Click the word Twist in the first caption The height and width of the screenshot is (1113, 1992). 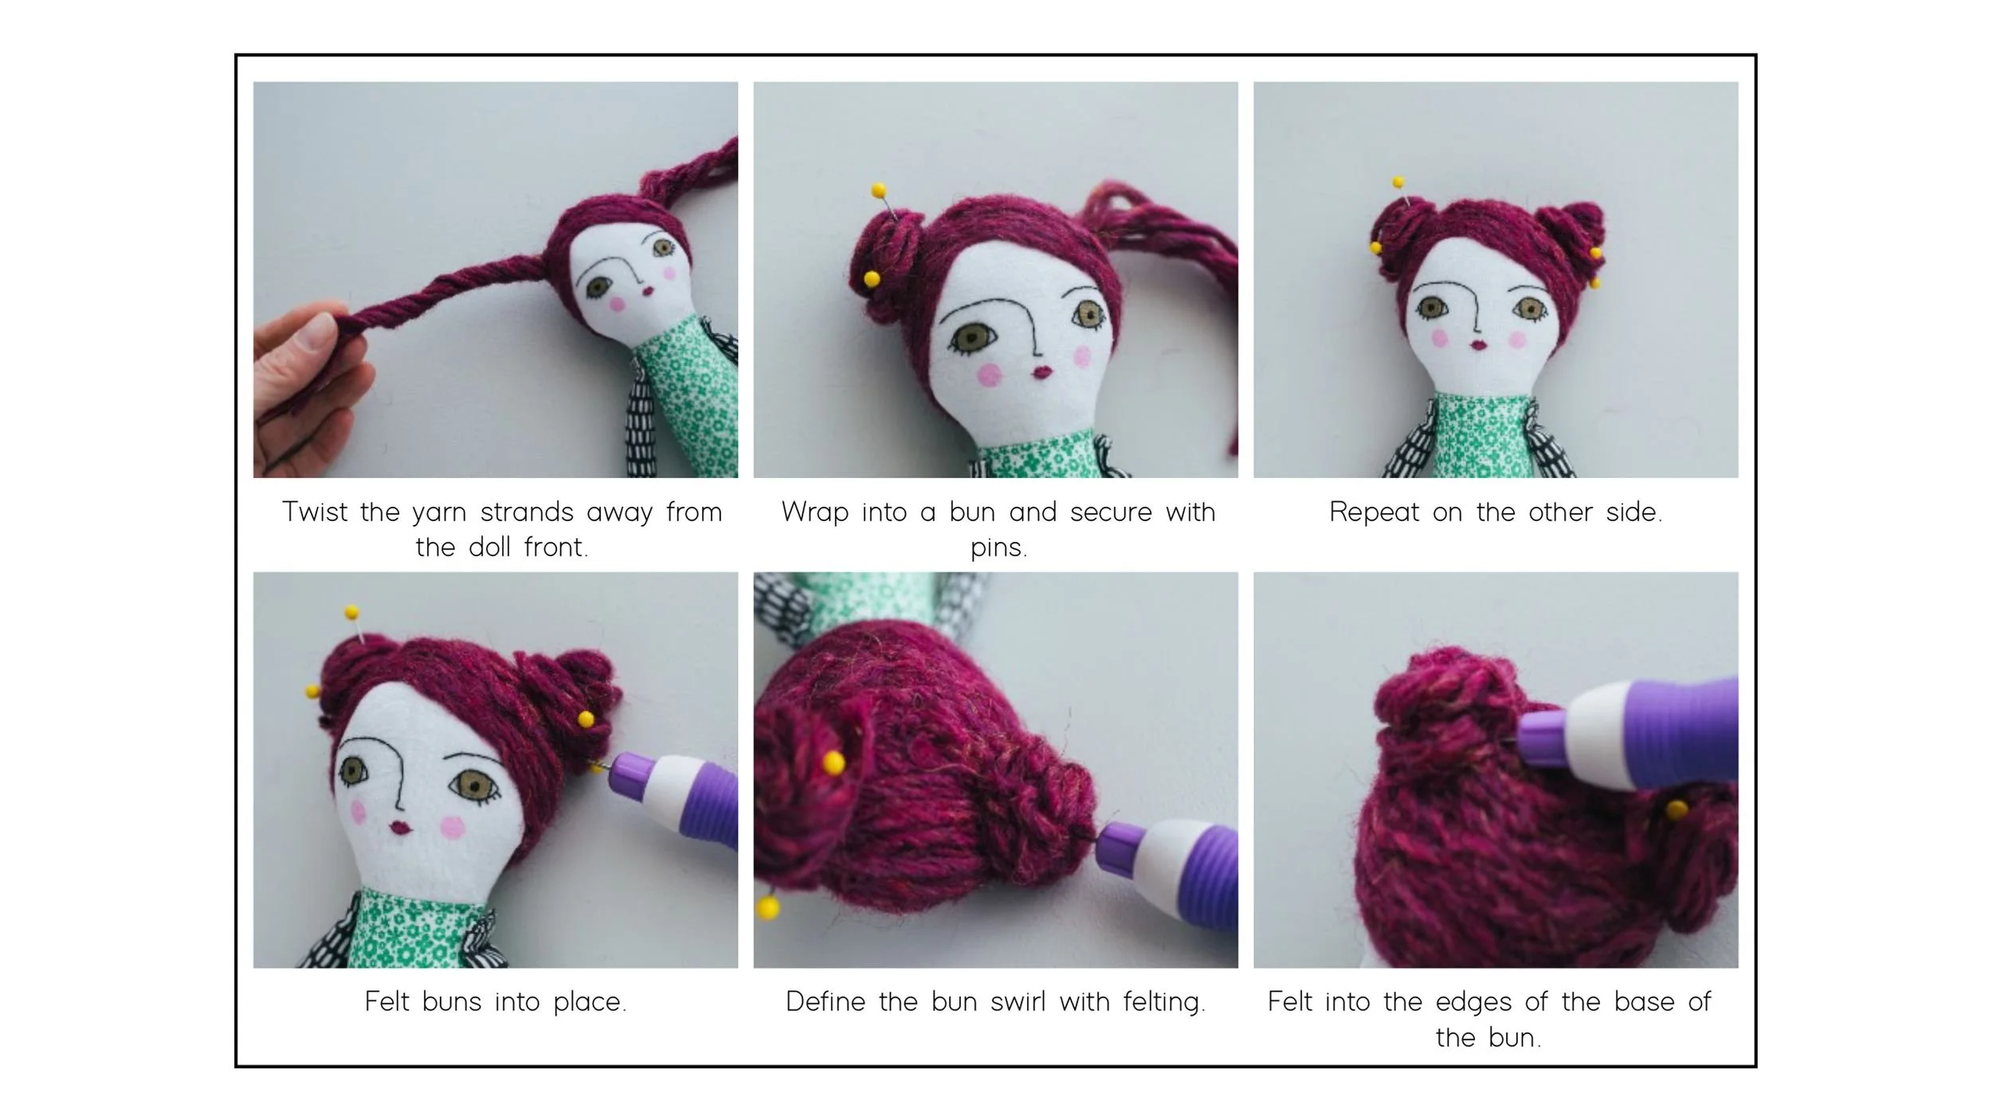315,511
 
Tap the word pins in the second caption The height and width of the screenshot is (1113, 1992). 998,548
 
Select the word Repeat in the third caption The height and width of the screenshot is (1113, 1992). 1374,511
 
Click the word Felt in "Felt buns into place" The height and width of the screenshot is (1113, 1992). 386,1001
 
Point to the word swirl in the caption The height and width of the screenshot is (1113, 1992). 1018,1001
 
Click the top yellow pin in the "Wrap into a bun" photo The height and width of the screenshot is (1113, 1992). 878,190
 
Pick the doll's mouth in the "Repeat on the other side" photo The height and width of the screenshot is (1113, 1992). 1479,345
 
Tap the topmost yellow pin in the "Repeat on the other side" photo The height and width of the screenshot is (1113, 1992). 1398,182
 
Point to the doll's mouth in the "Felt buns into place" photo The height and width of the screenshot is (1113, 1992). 401,829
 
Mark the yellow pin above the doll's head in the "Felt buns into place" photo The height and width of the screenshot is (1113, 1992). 351,613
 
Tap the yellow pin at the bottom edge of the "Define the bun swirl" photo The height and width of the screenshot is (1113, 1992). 768,907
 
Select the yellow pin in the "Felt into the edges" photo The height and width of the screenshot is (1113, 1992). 1676,810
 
